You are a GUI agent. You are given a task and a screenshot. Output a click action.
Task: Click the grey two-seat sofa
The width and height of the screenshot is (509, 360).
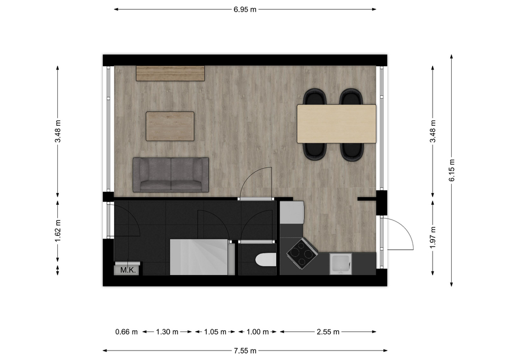171,174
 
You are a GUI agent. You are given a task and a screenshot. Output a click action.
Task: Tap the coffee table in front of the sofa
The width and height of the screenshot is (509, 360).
170,126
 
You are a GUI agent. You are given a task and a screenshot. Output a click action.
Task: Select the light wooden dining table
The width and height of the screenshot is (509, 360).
337,124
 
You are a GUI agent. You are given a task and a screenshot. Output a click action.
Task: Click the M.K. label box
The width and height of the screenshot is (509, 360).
128,270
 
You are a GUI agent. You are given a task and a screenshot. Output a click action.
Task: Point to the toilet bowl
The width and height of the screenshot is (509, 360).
266,260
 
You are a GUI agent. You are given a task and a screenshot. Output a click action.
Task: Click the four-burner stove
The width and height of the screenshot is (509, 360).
302,254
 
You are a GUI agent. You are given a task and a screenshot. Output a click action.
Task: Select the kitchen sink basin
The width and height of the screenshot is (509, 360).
340,264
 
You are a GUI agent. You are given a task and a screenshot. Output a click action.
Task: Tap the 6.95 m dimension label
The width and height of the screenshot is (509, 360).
245,10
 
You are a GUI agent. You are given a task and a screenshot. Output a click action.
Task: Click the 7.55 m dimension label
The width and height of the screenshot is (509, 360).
245,350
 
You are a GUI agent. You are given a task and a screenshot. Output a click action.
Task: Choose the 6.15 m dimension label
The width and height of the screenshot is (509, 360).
452,170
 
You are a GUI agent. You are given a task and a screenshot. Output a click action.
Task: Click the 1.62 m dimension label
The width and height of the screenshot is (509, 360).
58,231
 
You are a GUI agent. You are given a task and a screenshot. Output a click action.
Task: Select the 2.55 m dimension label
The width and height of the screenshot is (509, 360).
328,332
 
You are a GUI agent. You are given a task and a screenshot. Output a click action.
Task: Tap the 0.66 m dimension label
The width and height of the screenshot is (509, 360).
127,332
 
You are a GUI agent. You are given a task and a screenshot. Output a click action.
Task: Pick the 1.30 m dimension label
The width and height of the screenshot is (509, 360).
167,332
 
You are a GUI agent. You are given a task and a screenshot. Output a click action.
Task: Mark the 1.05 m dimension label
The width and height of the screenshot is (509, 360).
215,332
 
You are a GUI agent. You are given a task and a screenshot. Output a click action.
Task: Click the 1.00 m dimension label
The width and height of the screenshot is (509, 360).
258,332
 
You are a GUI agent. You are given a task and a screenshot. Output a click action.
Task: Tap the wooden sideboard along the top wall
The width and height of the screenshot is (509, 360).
170,73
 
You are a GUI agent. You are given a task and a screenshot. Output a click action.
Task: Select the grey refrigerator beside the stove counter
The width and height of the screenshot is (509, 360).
292,212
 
